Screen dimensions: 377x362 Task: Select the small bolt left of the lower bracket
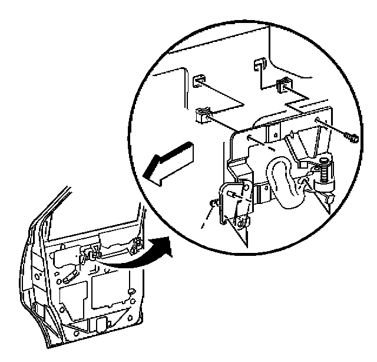212,203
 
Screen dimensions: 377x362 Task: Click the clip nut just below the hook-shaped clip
283,86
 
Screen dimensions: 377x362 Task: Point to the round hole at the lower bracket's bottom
242,223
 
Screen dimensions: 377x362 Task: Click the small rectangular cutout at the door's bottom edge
101,325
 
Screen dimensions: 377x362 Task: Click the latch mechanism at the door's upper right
137,245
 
